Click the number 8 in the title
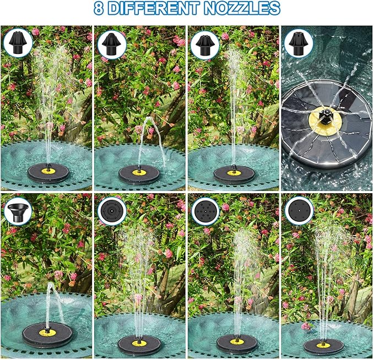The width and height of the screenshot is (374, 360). (x=99, y=8)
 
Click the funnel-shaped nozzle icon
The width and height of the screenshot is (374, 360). (x=19, y=212)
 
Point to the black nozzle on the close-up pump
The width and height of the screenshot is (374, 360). (x=326, y=113)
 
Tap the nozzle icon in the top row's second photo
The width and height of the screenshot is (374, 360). (x=112, y=42)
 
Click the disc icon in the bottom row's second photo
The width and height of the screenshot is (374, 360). (x=112, y=211)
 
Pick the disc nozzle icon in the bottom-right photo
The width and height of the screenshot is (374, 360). (x=299, y=211)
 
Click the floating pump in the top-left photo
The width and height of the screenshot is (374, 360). (x=48, y=172)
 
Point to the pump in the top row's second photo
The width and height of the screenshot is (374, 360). (x=140, y=173)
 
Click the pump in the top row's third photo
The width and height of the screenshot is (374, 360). (x=234, y=173)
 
